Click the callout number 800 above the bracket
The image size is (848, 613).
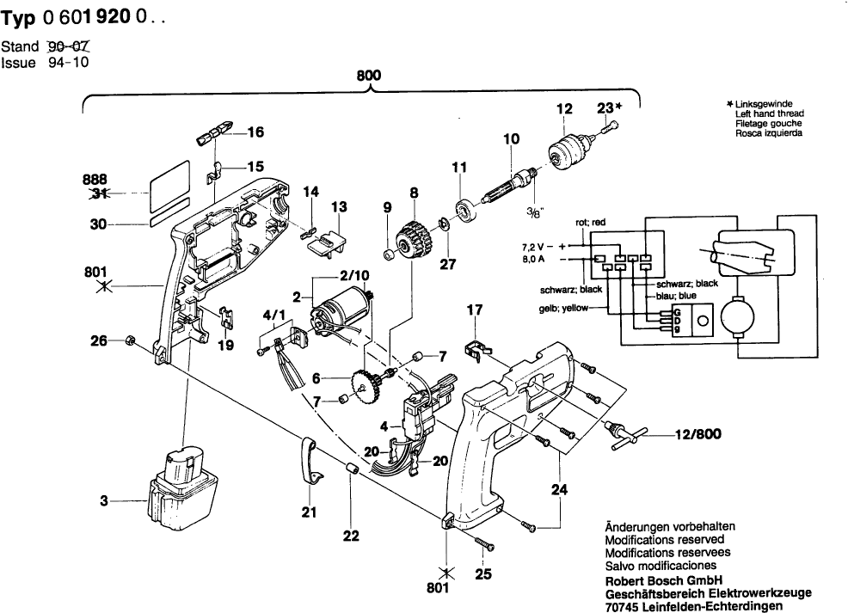368,75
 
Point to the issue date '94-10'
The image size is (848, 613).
70,62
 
